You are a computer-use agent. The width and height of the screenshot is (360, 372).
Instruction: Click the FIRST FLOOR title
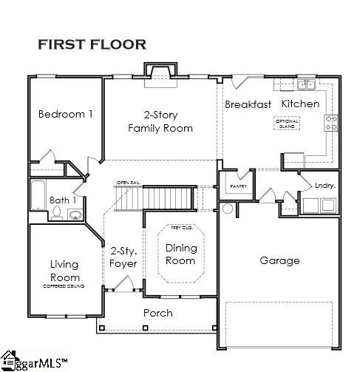click(x=92, y=44)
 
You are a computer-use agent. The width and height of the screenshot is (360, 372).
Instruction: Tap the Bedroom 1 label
click(x=66, y=114)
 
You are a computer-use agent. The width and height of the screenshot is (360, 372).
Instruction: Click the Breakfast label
click(x=248, y=104)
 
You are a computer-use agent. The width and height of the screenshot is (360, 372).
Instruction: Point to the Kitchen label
click(x=301, y=104)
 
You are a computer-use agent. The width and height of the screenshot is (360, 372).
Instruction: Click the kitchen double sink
click(x=307, y=84)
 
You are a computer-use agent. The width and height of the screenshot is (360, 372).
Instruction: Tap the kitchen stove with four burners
click(x=332, y=123)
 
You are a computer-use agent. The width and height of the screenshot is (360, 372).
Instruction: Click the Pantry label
click(x=237, y=186)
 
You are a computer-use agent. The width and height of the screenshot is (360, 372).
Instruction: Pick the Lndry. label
click(x=325, y=186)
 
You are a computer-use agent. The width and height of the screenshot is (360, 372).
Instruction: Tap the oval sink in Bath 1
click(x=75, y=215)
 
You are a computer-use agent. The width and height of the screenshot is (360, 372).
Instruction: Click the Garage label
click(x=279, y=260)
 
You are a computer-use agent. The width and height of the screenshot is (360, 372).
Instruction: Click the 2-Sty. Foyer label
click(x=123, y=257)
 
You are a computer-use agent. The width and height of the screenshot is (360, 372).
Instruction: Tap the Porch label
click(x=157, y=313)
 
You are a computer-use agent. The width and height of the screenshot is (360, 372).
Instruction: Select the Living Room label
click(x=64, y=271)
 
